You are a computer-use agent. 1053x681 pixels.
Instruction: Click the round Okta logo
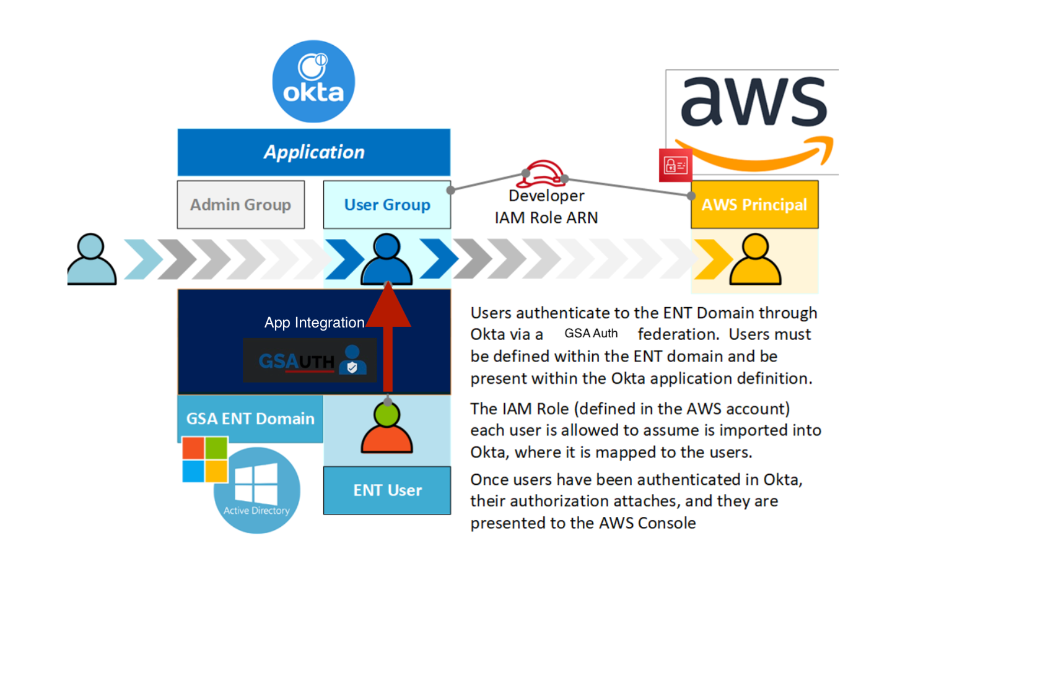[313, 82]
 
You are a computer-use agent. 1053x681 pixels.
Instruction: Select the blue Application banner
[313, 152]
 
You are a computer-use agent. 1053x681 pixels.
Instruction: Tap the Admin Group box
[240, 205]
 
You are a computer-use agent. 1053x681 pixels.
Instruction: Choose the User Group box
[387, 205]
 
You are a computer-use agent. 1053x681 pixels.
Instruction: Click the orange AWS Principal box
[754, 205]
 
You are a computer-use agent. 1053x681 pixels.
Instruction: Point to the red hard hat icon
[543, 173]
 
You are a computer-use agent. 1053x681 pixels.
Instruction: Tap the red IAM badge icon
[675, 165]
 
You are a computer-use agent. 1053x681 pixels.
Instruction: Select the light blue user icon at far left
[92, 260]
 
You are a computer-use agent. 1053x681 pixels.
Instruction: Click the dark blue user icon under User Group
[387, 260]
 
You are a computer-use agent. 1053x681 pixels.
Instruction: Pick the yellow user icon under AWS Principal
[755, 260]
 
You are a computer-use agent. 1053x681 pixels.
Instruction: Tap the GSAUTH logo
[310, 360]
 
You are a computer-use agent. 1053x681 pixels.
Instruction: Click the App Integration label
[314, 323]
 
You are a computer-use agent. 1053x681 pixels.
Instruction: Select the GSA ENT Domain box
[250, 419]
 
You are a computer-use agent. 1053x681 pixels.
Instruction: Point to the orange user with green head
[387, 428]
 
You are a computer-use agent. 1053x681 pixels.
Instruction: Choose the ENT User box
[387, 490]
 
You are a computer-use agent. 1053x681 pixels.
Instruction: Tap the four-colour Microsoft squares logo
[205, 459]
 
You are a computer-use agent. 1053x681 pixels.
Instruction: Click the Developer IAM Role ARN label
[546, 207]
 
